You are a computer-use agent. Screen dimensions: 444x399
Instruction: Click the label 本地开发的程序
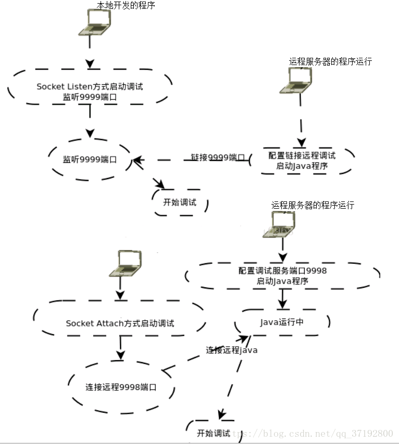[126, 5]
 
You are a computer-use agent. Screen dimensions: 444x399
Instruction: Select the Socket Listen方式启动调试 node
[90, 91]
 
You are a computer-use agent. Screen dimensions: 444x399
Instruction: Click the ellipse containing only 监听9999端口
[90, 160]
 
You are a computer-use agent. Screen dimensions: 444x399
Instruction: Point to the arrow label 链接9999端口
[217, 157]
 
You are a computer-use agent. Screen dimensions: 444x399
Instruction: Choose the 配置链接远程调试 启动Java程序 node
[302, 161]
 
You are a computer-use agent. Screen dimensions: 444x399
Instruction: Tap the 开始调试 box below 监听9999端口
[180, 202]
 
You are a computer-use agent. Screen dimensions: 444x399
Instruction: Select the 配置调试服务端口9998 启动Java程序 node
[282, 275]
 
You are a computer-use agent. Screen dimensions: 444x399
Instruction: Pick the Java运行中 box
[282, 322]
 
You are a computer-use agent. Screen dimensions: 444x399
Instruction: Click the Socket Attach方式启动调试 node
[120, 323]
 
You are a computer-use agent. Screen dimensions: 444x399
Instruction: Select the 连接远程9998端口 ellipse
[121, 387]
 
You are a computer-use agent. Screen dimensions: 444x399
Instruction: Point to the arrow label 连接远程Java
[231, 350]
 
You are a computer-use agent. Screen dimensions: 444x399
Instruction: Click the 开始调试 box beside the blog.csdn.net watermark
[213, 433]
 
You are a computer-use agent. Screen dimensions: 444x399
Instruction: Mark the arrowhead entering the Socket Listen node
[90, 64]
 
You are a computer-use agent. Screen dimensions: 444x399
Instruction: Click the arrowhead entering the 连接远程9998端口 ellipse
[120, 355]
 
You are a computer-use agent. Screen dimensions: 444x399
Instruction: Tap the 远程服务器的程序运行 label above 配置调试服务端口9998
[313, 205]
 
